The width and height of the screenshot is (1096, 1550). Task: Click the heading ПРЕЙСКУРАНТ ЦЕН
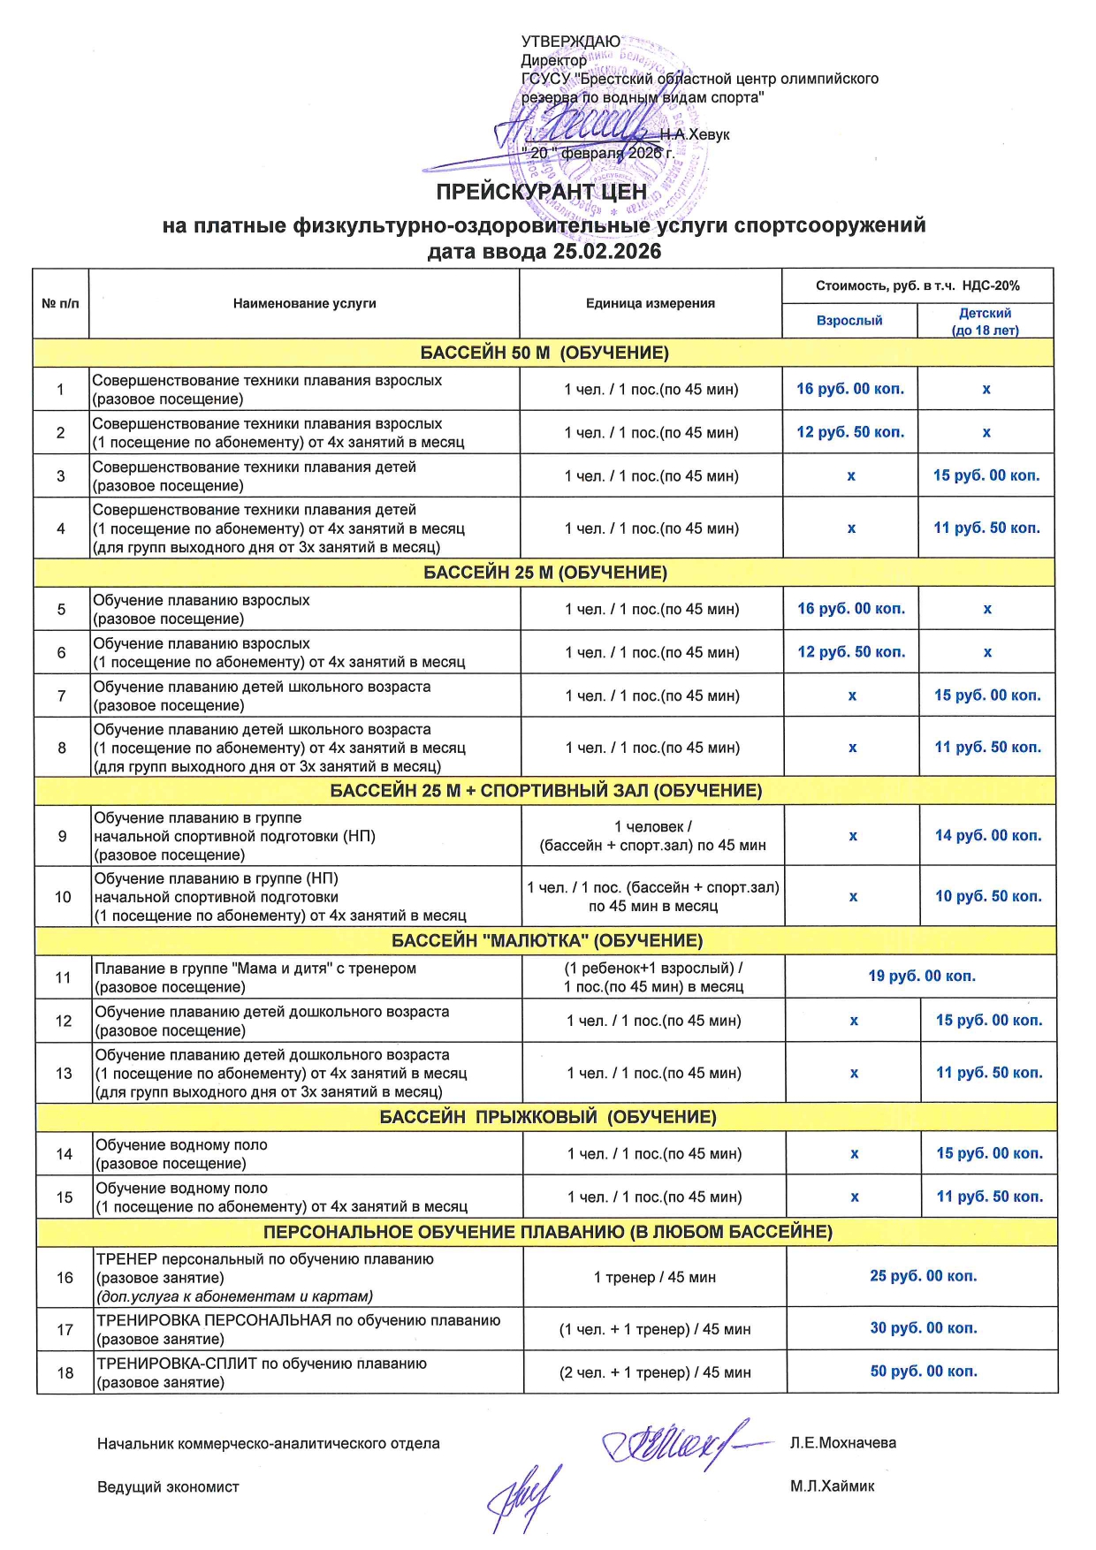(541, 192)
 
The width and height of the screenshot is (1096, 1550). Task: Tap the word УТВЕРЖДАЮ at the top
(570, 42)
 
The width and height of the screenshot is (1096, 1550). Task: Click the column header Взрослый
(849, 321)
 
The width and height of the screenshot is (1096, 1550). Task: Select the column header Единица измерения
(650, 303)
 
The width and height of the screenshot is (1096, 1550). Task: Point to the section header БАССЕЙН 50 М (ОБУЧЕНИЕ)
(544, 353)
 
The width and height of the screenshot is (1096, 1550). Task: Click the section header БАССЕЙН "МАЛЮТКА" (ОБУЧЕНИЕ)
(546, 940)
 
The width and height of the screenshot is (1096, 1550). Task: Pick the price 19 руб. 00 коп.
(921, 976)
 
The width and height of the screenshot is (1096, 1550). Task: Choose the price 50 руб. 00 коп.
(924, 1371)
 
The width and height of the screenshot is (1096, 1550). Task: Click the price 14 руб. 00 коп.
(988, 835)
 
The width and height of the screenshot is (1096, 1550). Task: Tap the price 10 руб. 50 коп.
(988, 896)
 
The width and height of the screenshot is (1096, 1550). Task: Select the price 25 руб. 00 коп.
(923, 1276)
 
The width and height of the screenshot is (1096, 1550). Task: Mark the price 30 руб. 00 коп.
(924, 1328)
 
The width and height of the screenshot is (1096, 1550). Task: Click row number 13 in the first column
(64, 1074)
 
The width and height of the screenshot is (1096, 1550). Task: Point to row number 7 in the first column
(61, 695)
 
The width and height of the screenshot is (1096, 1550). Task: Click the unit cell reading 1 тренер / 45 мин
(654, 1277)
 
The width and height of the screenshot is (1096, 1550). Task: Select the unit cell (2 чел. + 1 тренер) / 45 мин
(654, 1372)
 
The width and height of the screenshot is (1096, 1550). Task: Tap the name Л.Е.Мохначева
(842, 1443)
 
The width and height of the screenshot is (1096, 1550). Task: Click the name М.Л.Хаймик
(832, 1486)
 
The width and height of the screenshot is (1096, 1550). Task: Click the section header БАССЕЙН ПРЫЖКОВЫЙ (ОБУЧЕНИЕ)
(547, 1117)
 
